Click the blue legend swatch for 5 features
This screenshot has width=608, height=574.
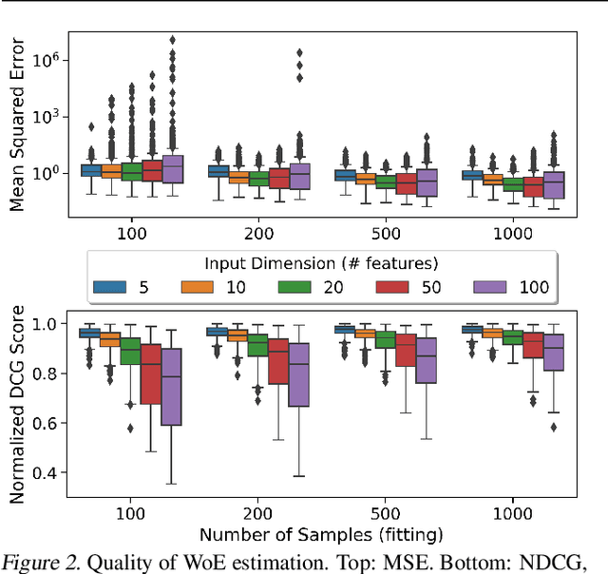pos(112,287)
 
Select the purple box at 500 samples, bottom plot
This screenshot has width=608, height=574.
pos(427,360)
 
